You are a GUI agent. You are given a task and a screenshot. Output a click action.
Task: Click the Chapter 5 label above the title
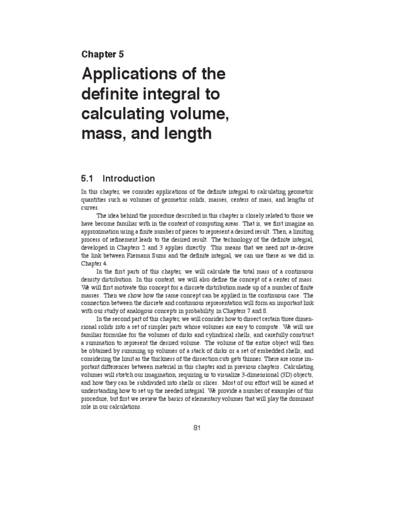102,54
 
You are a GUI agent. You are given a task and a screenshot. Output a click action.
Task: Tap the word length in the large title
186,134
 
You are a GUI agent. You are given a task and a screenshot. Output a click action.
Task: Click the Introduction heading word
129,179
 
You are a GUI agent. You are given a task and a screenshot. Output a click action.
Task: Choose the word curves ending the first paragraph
91,207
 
